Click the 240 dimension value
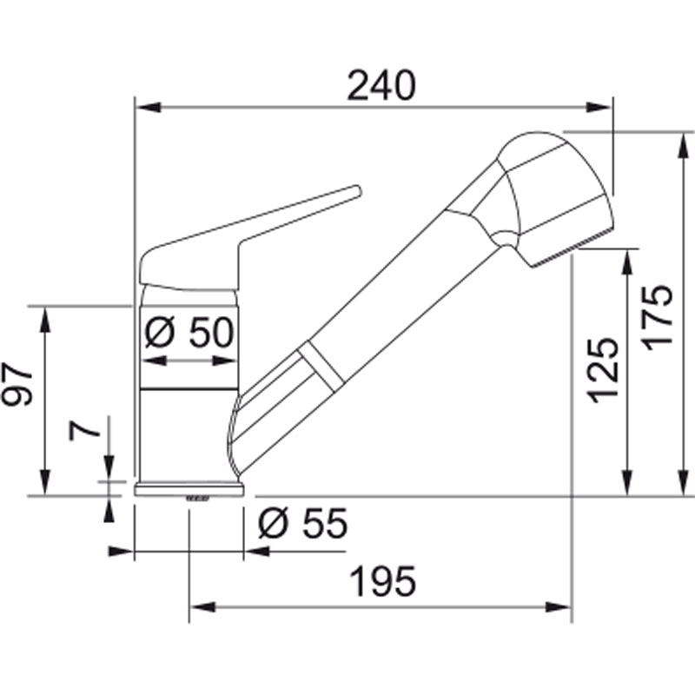tap(381, 84)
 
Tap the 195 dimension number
tap(383, 581)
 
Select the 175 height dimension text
tap(658, 317)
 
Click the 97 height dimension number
tap(17, 384)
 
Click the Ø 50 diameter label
tap(189, 332)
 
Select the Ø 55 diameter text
tap(303, 523)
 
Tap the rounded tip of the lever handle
tap(357, 190)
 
